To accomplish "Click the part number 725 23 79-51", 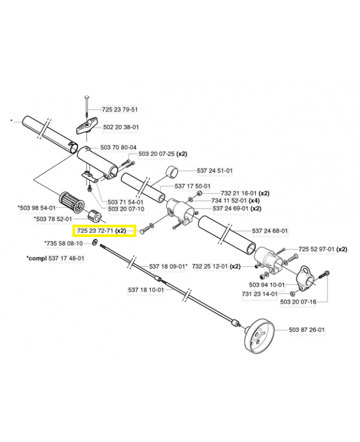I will [x=120, y=109].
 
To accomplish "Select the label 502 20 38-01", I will [x=120, y=127].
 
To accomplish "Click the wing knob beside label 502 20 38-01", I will [x=86, y=129].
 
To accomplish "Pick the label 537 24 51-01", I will [x=215, y=171].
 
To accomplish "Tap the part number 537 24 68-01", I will [x=270, y=230].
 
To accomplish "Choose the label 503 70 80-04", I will [x=118, y=148].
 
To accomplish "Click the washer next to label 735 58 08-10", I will [x=96, y=243].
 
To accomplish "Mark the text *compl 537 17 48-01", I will [x=55, y=258].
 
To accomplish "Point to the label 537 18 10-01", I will [x=146, y=290].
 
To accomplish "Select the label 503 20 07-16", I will [x=298, y=302].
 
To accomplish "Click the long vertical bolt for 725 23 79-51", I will [x=87, y=110].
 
